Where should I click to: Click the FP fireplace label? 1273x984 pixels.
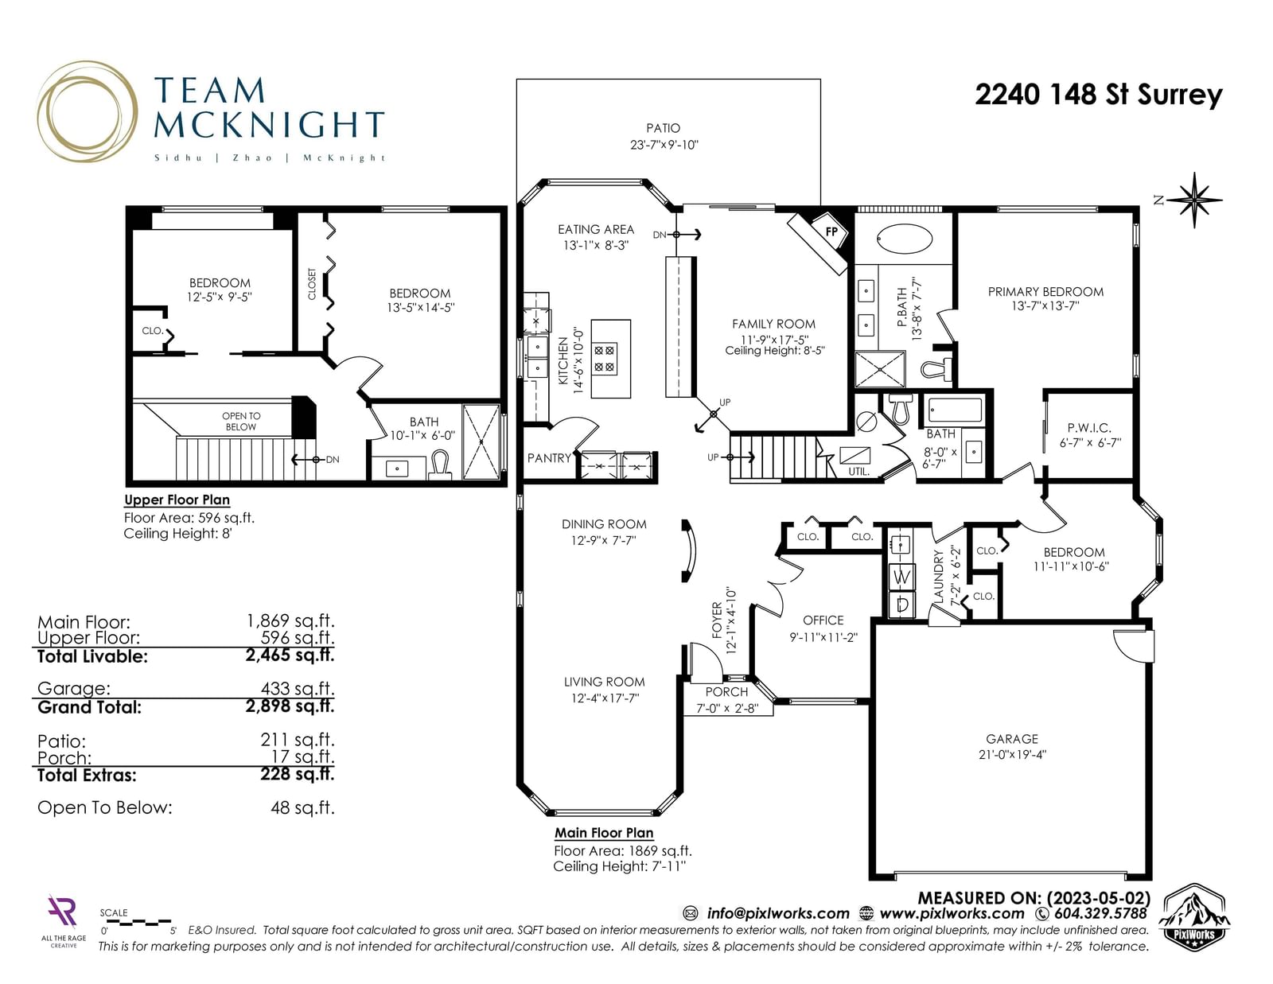click(831, 231)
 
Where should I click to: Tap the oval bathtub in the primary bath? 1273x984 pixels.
click(904, 239)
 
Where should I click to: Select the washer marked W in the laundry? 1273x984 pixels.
click(901, 577)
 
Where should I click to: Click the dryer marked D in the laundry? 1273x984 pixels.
click(901, 604)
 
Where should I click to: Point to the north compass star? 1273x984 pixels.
click(1194, 200)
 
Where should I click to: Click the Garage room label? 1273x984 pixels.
click(1012, 738)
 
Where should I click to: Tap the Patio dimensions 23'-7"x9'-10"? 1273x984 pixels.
click(664, 145)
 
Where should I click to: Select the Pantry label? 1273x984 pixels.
click(549, 458)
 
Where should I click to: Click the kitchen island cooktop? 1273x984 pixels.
click(605, 359)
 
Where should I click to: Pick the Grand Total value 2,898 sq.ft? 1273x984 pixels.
click(290, 706)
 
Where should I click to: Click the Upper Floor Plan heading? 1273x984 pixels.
click(177, 500)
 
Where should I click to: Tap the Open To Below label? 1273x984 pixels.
click(241, 421)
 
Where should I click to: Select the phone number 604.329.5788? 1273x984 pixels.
click(1101, 913)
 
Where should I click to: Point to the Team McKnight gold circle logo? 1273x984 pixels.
click(88, 111)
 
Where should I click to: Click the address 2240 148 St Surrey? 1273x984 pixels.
click(1099, 95)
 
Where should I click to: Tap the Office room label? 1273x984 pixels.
click(823, 620)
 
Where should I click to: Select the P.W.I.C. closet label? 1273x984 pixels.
click(1089, 428)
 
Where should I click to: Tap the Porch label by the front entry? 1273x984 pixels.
click(726, 692)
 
